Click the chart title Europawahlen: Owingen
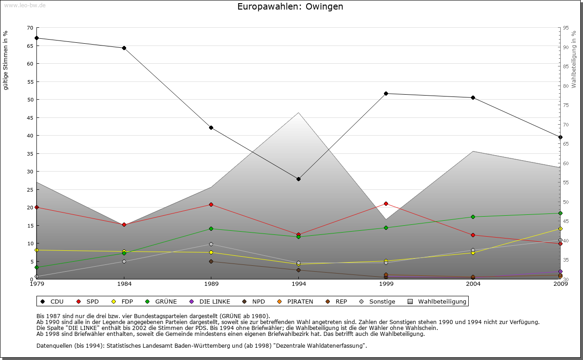click(x=290, y=7)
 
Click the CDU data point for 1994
click(x=298, y=179)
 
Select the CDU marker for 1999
click(x=386, y=93)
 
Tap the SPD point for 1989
click(x=211, y=204)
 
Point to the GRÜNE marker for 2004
click(x=473, y=217)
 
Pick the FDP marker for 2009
click(x=560, y=228)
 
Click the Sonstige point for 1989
click(x=211, y=244)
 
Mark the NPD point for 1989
click(x=211, y=261)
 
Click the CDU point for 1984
click(x=124, y=48)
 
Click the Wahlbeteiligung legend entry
click(x=442, y=301)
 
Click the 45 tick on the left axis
click(x=30, y=117)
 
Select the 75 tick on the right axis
click(x=565, y=105)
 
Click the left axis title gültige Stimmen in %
click(x=6, y=60)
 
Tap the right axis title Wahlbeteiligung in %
click(x=573, y=59)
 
